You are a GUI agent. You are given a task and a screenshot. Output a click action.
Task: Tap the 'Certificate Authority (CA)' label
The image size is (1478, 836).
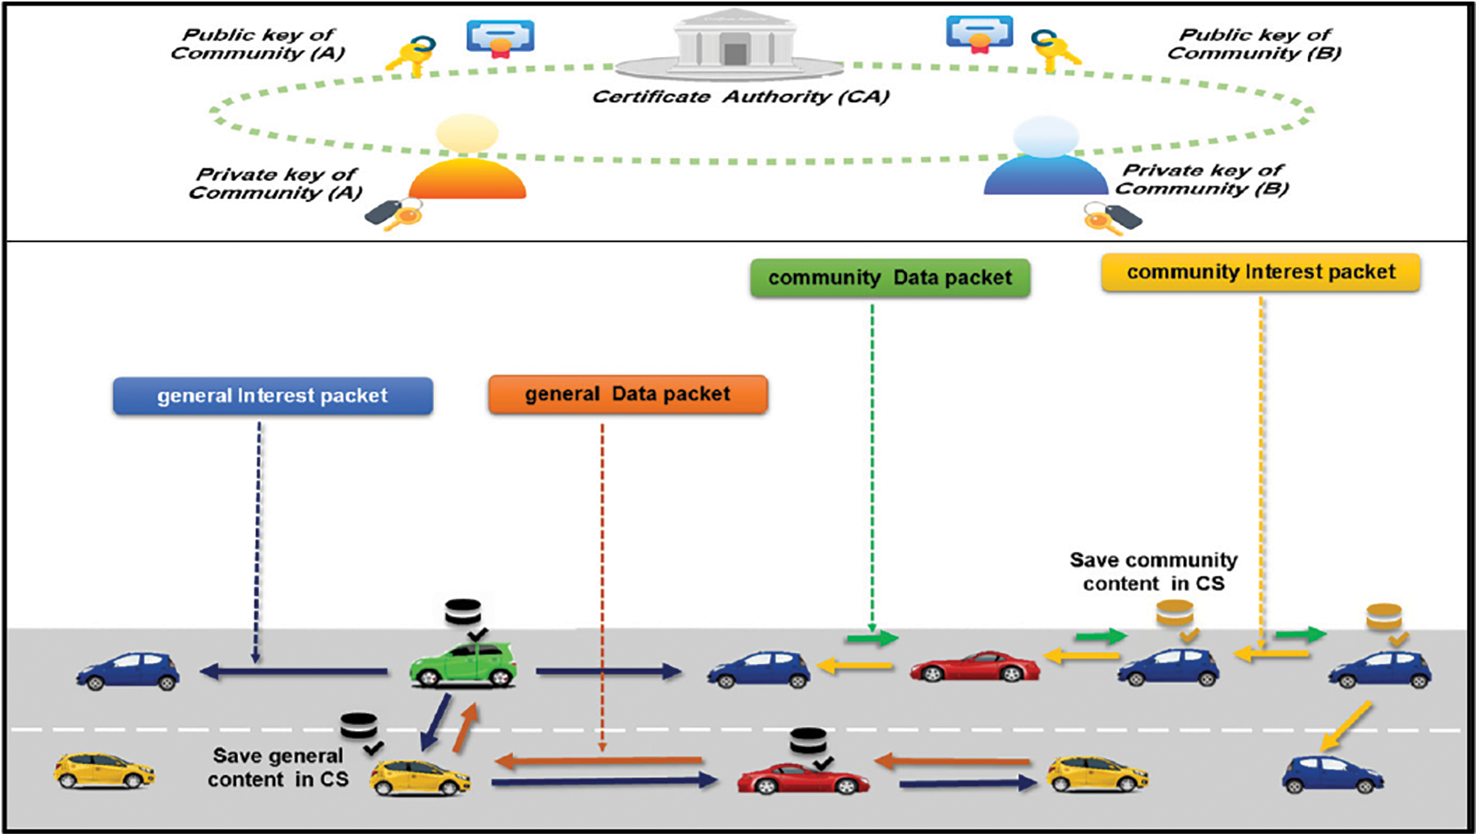point(741,97)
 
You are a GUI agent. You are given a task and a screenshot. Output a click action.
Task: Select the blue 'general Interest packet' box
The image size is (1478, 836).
point(273,395)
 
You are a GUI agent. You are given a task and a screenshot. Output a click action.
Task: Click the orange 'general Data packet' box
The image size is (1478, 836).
point(628,394)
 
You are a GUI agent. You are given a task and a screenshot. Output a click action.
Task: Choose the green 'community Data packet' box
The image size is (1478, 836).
point(890,277)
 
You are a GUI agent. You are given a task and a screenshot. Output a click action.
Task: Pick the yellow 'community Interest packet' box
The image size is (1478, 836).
point(1261,272)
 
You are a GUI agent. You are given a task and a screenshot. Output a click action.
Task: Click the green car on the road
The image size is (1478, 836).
point(463,664)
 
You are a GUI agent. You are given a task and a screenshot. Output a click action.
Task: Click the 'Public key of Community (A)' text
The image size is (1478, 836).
point(258,44)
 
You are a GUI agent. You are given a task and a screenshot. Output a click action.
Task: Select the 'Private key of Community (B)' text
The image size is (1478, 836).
point(1202,179)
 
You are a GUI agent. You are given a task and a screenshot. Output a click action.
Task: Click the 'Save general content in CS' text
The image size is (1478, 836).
point(278,768)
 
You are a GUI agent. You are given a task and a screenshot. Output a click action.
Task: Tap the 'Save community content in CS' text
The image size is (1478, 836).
point(1153,572)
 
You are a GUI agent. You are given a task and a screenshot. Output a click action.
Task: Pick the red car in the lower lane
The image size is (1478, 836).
point(803,778)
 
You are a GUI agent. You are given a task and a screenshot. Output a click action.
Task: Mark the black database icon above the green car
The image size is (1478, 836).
point(463,613)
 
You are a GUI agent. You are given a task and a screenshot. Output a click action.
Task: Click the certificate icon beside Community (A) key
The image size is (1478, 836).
point(500,38)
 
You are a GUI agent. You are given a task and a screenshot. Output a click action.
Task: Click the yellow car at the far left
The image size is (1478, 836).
point(104,770)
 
